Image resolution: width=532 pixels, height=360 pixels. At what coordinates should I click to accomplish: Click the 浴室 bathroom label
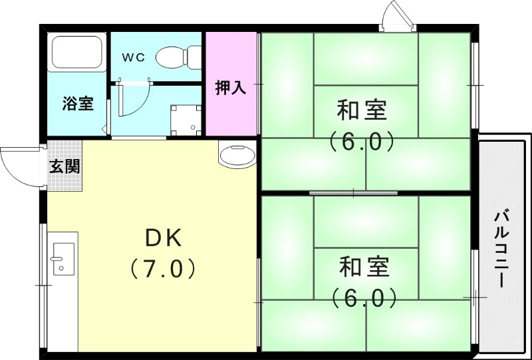pos(78,104)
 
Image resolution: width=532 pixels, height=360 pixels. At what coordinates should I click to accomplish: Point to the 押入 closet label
pos(231,87)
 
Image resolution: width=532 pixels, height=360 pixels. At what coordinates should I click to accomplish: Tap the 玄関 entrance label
pos(65,166)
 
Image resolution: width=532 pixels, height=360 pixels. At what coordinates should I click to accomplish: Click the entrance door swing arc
pos(17,166)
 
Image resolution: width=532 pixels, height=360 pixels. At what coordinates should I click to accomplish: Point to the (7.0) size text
pos(163,269)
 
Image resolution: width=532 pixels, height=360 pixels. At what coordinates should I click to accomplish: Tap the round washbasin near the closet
pos(236,157)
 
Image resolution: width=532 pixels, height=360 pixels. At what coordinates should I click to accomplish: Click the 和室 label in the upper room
pos(362,110)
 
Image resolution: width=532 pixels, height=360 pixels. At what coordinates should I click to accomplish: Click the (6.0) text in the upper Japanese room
pos(362,141)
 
